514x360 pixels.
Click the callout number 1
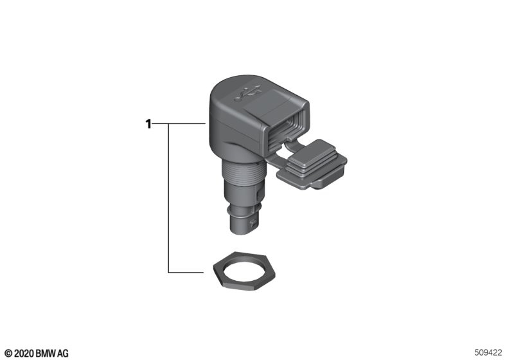148,124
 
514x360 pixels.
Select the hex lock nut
244,271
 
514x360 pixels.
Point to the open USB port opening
286,131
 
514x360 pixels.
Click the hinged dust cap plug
312,165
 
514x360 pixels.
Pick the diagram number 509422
488,352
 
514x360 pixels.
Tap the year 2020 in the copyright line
24,354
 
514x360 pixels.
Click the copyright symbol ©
9,354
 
